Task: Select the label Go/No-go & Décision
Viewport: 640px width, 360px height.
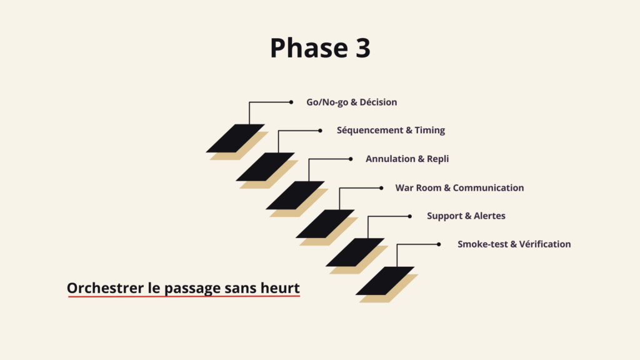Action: pos(351,102)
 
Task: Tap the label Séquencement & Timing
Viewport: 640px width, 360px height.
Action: pos(391,131)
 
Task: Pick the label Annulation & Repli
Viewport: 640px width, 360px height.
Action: pos(407,159)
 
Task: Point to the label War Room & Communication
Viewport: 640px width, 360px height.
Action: pos(459,187)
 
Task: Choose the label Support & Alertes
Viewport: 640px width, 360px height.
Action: pos(466,216)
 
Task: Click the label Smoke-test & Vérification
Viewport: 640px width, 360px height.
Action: pos(514,244)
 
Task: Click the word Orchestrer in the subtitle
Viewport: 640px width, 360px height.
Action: pos(100,288)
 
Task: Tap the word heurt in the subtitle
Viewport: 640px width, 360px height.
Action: pos(282,288)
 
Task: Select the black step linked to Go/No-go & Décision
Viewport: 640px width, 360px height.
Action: pos(235,138)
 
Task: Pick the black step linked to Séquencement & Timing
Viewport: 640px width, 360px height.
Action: pos(265,167)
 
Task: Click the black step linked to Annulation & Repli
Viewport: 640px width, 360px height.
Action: pos(295,195)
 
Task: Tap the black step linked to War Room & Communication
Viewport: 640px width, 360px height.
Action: pos(325,224)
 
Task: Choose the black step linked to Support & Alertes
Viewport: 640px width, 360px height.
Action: pos(355,252)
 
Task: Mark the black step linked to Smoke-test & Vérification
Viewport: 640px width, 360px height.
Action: pos(385,281)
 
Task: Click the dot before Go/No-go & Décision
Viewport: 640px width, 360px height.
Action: pos(291,102)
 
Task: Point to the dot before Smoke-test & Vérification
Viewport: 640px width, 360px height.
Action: pos(440,244)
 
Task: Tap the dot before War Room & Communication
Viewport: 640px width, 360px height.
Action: pos(381,187)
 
